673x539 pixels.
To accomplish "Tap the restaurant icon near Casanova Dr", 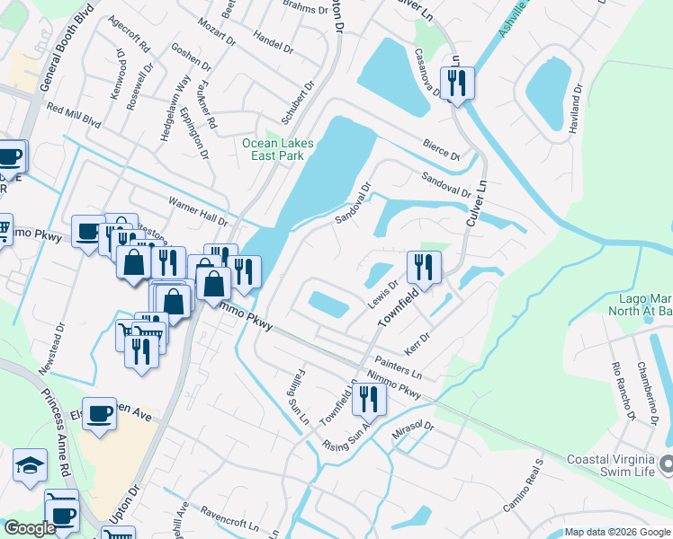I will [x=457, y=84].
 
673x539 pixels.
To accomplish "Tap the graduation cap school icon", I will [x=30, y=466].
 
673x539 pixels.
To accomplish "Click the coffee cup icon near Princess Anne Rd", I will [x=99, y=414].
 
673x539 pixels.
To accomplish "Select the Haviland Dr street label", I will [x=577, y=109].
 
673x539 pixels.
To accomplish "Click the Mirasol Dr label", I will [x=413, y=432].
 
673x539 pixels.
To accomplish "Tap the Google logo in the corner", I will [x=29, y=529].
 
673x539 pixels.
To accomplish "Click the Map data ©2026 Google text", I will [x=616, y=532].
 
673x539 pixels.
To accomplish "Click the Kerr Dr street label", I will [x=417, y=342].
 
